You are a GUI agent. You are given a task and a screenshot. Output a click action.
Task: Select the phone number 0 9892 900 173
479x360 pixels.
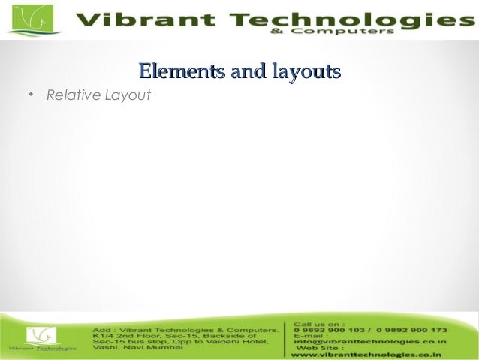[412, 330]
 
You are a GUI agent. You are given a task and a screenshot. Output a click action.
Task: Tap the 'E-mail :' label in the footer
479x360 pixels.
[310, 336]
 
